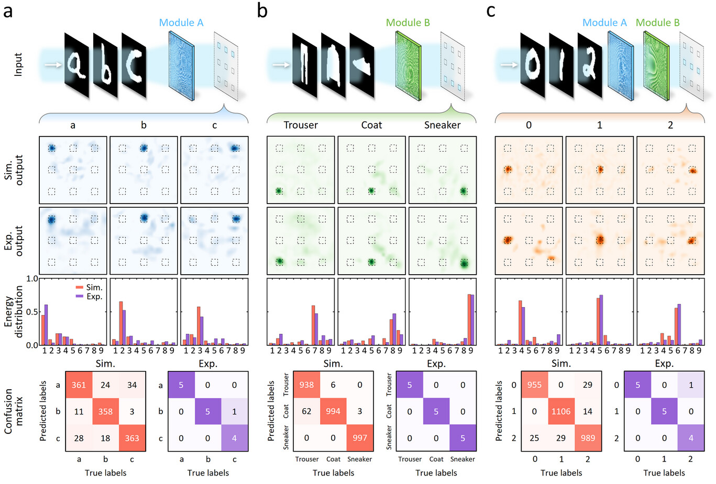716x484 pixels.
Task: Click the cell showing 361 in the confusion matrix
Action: (x=79, y=385)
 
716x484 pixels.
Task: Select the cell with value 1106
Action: (x=561, y=411)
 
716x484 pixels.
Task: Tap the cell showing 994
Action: (x=333, y=411)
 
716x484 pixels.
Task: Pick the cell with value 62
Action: (x=306, y=411)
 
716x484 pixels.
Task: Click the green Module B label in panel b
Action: (x=408, y=22)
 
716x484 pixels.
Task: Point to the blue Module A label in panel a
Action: (x=181, y=22)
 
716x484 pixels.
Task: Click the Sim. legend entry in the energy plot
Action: (x=89, y=287)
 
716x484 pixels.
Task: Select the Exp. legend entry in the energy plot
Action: (x=89, y=297)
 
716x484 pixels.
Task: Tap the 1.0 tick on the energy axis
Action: (x=32, y=279)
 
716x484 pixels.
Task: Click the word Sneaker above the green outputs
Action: (x=443, y=125)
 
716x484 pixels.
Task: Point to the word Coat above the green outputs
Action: (x=371, y=125)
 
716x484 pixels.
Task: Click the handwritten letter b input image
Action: (x=105, y=65)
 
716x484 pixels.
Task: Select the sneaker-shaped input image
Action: (x=362, y=65)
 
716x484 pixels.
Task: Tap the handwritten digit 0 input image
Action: (x=533, y=65)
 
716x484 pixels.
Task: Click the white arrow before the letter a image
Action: (x=53, y=65)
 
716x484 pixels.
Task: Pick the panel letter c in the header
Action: (x=491, y=11)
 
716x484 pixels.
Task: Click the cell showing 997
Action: (x=360, y=438)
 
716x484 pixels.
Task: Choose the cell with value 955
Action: (x=534, y=385)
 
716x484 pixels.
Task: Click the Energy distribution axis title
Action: (x=14, y=312)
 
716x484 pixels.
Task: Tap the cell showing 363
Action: (x=132, y=438)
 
